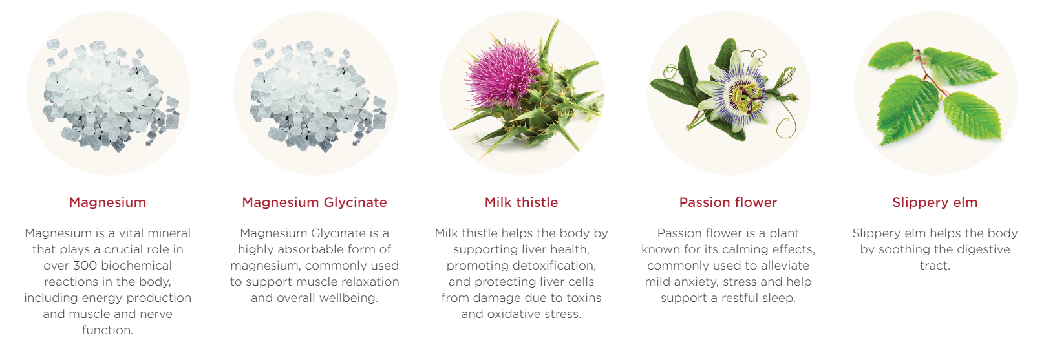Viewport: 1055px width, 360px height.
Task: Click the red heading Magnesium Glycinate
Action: coord(314,202)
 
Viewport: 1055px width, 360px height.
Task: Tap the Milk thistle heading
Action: coord(521,202)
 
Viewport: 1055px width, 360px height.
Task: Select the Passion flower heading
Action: coord(728,202)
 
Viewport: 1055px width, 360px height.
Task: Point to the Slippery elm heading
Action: coord(935,202)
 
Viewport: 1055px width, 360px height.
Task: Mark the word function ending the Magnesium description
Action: coord(107,330)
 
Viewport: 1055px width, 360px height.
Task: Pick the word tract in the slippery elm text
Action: coord(935,266)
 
